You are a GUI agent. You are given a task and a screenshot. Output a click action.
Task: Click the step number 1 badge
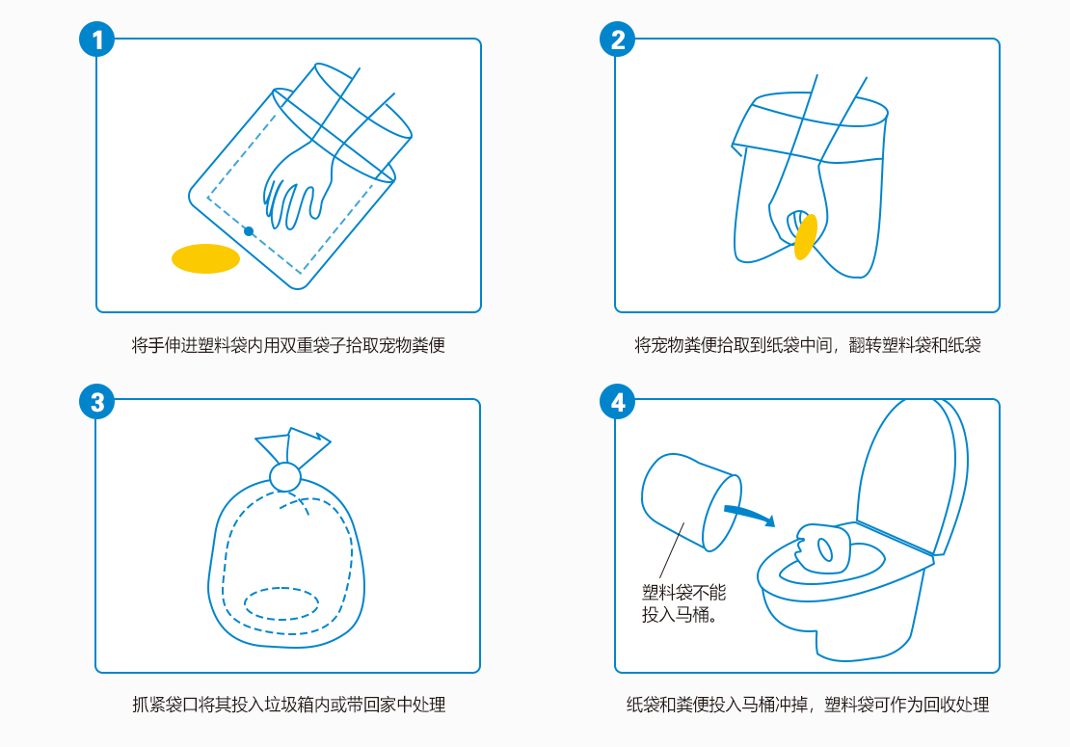[97, 40]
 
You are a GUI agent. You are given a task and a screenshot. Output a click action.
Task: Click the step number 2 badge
[618, 40]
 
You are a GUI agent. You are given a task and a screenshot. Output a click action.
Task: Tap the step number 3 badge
[97, 402]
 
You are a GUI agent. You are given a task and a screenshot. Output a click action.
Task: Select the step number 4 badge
[618, 402]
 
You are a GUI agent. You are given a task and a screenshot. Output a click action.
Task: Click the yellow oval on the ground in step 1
[205, 258]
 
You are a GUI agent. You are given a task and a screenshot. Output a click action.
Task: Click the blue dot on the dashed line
[249, 231]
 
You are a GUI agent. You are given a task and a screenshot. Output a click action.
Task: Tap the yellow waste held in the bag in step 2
[806, 237]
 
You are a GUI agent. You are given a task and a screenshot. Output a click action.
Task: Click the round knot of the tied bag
[285, 477]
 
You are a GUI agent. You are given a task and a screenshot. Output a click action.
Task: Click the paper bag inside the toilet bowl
[823, 547]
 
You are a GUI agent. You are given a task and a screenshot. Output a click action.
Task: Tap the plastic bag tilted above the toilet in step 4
[690, 501]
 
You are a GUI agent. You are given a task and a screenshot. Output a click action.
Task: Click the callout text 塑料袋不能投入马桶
[683, 603]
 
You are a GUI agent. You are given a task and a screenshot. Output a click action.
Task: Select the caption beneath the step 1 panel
[288, 345]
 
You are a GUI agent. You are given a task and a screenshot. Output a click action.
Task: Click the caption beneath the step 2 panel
[807, 345]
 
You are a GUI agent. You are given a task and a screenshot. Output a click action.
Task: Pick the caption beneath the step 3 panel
[288, 705]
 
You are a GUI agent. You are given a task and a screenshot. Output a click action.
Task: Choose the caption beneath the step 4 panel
[807, 705]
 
